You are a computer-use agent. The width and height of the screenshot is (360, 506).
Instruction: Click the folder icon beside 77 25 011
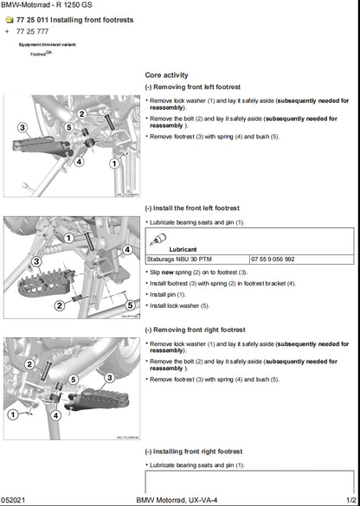[9, 18]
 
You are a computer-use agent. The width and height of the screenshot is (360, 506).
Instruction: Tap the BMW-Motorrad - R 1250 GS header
[42, 5]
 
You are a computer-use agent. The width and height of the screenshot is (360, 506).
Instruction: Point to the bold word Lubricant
[183, 248]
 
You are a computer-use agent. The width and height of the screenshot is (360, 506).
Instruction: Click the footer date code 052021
[15, 500]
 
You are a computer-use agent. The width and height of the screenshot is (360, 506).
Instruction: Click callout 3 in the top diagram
[22, 127]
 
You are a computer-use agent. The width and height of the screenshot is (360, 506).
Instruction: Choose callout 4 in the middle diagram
[127, 249]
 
